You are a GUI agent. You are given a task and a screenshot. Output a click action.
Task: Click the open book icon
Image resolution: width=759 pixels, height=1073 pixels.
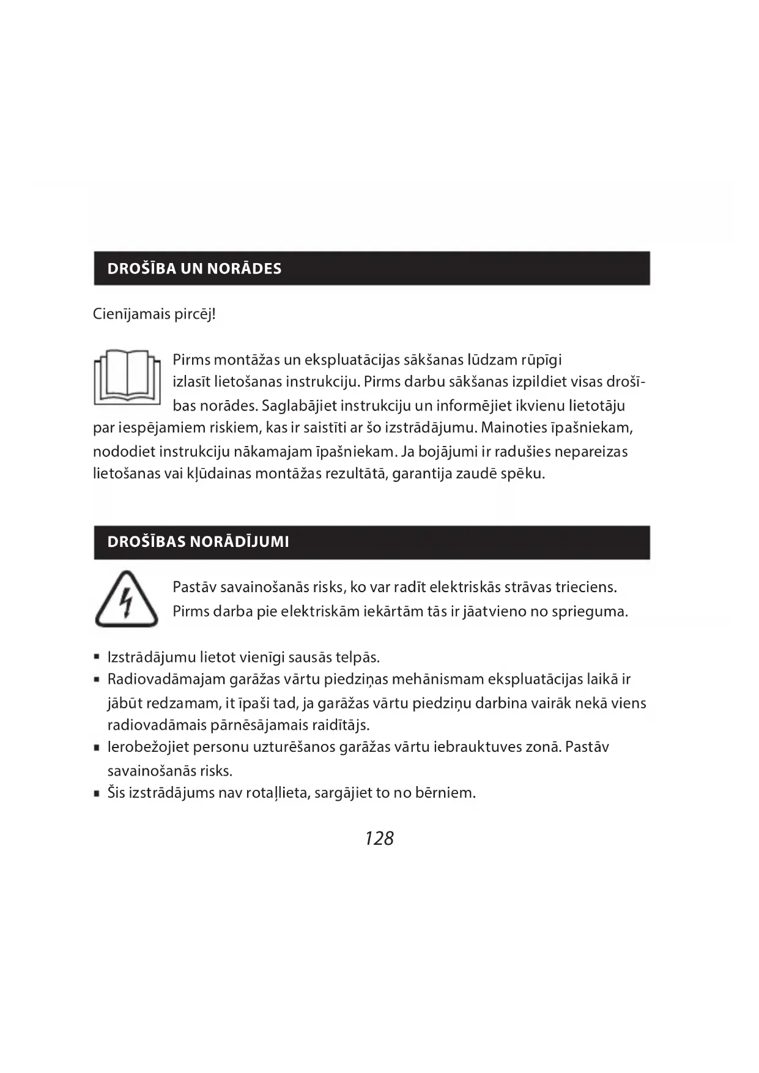[x=127, y=377]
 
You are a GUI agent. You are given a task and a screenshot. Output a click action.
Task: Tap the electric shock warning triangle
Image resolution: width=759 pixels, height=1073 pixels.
[x=127, y=600]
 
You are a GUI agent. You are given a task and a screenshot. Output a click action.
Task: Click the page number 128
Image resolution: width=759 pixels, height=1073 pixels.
[x=379, y=838]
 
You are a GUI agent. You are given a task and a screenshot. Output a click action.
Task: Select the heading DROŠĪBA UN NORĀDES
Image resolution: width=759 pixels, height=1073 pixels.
[x=194, y=269]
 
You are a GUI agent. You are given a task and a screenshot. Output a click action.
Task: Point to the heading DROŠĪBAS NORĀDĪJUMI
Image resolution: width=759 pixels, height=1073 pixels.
[x=198, y=542]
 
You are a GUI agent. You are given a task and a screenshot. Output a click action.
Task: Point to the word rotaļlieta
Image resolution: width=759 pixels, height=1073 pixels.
[x=278, y=793]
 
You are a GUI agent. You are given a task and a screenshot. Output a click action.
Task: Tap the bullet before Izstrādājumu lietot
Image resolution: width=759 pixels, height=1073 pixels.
[x=97, y=658]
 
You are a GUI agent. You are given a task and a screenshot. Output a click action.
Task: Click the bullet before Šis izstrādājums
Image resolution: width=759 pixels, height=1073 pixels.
[x=97, y=793]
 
